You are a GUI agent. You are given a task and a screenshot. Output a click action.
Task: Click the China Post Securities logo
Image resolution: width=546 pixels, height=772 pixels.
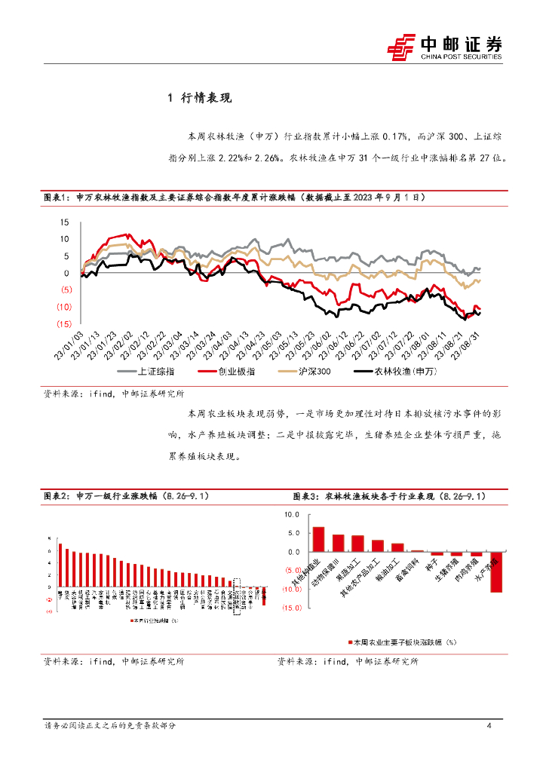click(444, 47)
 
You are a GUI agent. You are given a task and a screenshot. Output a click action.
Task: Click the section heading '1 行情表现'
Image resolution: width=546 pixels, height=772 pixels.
click(199, 98)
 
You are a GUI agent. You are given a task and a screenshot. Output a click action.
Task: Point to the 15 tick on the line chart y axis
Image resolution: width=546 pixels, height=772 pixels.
click(64, 222)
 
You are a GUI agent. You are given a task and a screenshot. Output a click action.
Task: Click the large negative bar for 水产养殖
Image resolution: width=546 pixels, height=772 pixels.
click(496, 571)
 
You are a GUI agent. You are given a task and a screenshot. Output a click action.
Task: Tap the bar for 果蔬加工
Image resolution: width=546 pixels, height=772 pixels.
click(357, 544)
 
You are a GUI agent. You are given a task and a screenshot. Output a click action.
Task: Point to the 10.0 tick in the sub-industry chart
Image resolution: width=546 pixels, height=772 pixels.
click(290, 514)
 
